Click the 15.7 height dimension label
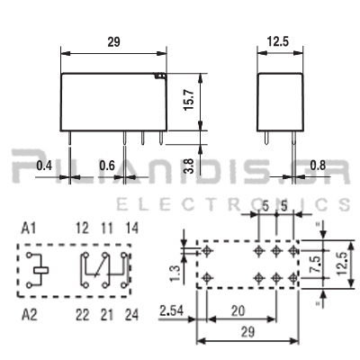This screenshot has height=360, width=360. pos(190,100)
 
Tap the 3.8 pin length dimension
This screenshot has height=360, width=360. pos(190,166)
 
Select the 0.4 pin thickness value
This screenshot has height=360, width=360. pos(44,166)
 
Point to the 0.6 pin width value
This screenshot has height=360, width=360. pos(107,166)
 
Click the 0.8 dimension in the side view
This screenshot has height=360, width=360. pos(318,166)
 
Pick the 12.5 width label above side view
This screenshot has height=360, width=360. pos(278,41)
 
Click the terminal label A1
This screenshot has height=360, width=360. pos(29,229)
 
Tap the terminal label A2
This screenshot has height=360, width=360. pos(29,315)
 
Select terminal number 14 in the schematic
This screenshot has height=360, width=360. pos(132,229)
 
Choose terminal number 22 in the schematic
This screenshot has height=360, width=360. pos(82,315)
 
